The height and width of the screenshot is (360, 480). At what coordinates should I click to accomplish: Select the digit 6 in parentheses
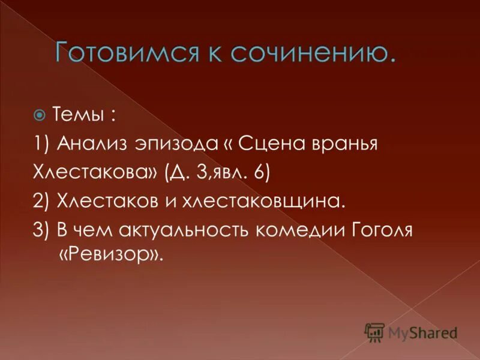pos(258,174)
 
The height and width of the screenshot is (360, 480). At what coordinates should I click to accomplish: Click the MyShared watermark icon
pos(374,332)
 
